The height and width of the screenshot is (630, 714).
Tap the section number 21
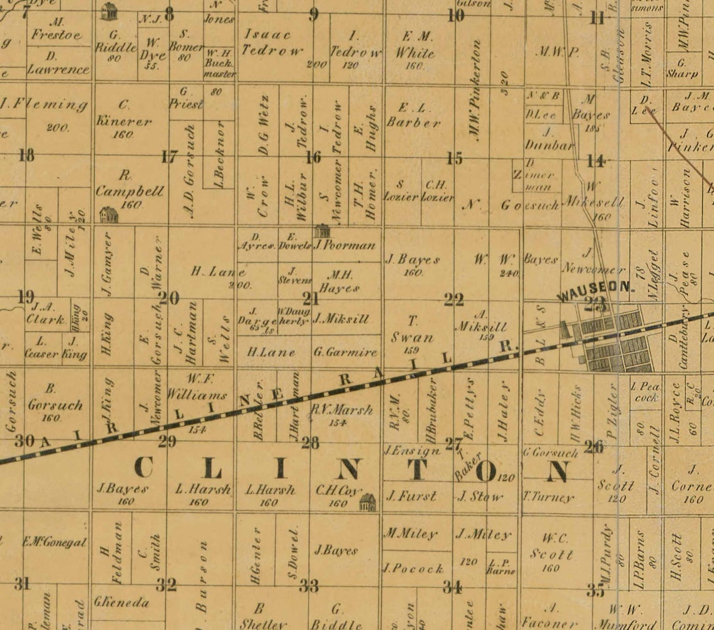coord(311,298)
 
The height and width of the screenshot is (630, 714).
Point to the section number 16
coord(313,157)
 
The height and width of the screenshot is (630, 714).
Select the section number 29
coord(167,442)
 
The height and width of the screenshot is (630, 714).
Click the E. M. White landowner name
coord(414,45)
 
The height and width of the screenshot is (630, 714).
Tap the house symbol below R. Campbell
coord(109,215)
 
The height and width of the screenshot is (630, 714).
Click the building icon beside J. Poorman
coord(322,231)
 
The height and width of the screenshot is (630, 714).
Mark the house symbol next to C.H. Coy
coord(368,502)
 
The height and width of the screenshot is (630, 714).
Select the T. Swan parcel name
coord(412,329)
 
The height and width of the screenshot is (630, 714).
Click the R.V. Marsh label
coord(341,411)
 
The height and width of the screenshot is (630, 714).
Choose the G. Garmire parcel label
coord(345,352)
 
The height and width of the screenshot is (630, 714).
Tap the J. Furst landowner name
coord(411,497)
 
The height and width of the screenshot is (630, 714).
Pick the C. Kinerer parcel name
coord(123,113)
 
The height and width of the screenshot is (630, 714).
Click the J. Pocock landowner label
coord(413,569)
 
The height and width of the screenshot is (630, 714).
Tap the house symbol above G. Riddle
coord(109,11)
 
